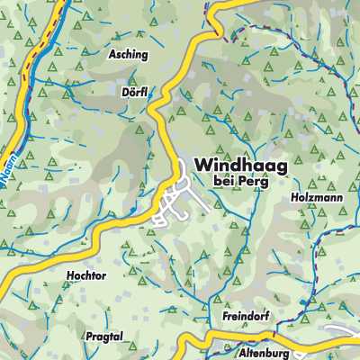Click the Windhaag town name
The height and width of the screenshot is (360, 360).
(239, 166)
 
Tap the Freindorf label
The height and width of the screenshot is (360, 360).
(246, 318)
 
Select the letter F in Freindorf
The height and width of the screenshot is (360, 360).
(224, 318)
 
